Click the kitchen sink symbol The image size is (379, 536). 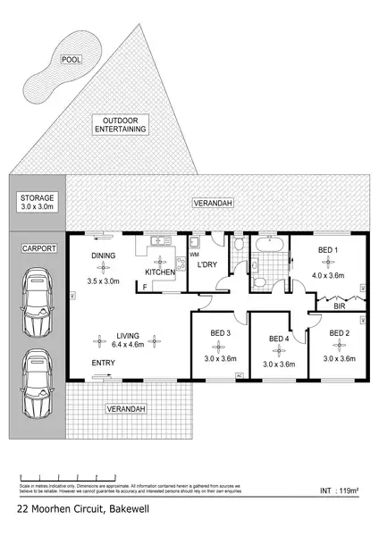coord(159,241)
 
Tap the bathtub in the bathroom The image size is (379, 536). coord(267,242)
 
